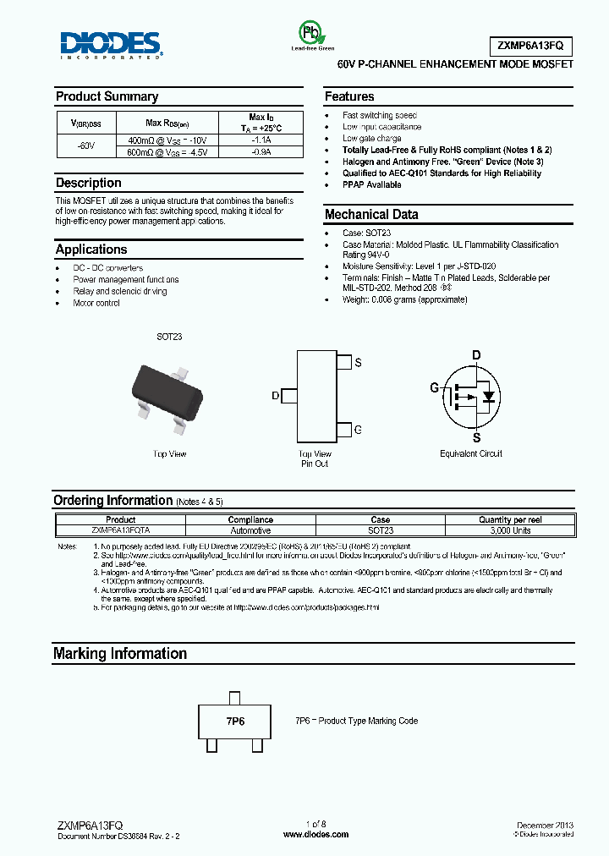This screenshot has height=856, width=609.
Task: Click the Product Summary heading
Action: coord(107,96)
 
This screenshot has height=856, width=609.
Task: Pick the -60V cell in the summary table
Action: coord(85,145)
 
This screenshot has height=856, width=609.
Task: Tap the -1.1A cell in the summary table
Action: coord(261,140)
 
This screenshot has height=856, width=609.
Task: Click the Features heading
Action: coord(349,96)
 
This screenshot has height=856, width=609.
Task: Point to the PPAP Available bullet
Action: coord(371,185)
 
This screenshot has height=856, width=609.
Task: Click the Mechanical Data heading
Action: coord(371,215)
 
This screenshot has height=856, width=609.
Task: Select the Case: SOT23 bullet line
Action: coord(366,233)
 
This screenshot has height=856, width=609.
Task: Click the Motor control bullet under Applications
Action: coord(96,303)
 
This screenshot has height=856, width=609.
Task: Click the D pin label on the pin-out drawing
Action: coord(275,395)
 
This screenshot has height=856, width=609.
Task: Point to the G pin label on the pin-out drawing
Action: coord(358,431)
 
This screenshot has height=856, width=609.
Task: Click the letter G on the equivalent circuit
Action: coord(434,388)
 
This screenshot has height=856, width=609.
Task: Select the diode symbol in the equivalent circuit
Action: coord(487,395)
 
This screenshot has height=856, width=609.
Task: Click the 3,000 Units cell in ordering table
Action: coord(510,530)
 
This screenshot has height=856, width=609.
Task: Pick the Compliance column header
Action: coord(250,520)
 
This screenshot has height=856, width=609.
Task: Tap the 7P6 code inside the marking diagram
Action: coord(234,722)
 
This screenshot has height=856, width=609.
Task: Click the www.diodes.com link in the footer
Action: coord(315,834)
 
